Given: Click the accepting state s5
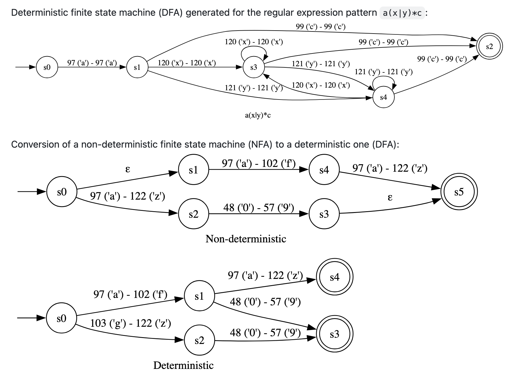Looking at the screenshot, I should [459, 192].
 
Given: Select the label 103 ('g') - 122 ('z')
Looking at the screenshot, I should [130, 323].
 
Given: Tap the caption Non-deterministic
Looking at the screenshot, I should [246, 239].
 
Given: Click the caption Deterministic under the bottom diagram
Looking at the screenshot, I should [183, 365].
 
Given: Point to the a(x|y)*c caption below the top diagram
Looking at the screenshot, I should [258, 116].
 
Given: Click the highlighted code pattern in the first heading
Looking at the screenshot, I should [402, 13].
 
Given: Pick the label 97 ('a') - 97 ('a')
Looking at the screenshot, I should [92, 63].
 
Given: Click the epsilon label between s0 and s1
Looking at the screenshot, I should [128, 169].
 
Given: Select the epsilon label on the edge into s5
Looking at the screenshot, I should [390, 197].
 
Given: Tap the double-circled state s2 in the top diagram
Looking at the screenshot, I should [489, 47].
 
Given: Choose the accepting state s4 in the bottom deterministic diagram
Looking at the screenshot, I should [334, 277].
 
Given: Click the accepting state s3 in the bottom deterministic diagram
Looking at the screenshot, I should [334, 334].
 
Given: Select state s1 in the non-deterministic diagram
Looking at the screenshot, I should [193, 170].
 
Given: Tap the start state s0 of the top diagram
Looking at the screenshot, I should [47, 67].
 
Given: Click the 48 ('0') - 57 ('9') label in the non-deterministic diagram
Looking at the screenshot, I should [258, 208].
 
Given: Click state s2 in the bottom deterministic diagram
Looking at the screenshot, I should [199, 340].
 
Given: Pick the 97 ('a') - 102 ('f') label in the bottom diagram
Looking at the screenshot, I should [130, 294].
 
